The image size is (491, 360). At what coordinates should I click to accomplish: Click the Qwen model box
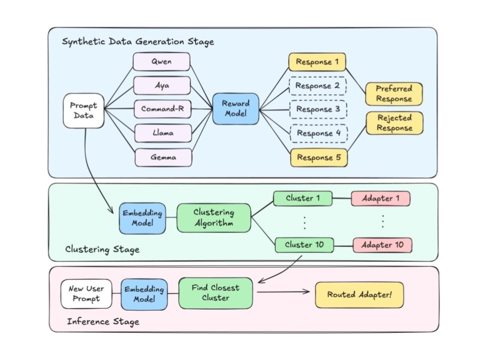click(162, 62)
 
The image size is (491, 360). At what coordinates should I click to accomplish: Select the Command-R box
click(163, 109)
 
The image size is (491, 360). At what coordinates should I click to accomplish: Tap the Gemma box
click(163, 157)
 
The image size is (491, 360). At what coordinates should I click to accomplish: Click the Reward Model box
click(236, 109)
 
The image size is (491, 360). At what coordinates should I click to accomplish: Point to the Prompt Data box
click(84, 111)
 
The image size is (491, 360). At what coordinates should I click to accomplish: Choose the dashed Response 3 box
click(318, 109)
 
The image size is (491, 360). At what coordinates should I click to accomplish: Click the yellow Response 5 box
click(319, 158)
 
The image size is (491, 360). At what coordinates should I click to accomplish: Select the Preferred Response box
click(394, 94)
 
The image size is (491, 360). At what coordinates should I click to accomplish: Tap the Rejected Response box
click(394, 123)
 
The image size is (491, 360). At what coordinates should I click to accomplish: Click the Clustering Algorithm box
click(214, 218)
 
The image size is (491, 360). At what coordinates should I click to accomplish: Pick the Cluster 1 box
click(302, 198)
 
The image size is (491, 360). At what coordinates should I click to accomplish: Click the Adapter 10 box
click(382, 245)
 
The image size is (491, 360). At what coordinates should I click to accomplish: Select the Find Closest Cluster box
click(216, 293)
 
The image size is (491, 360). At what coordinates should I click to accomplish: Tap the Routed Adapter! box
click(359, 295)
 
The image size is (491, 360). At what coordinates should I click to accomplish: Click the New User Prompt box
click(86, 294)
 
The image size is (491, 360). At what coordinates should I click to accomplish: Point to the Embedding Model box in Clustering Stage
click(142, 218)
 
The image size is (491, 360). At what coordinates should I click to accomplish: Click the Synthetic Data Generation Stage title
click(138, 42)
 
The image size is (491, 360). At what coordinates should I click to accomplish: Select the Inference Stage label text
click(103, 322)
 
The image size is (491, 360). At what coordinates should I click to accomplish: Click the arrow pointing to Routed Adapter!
click(283, 292)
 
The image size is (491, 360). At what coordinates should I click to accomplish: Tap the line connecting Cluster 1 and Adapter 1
click(342, 198)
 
